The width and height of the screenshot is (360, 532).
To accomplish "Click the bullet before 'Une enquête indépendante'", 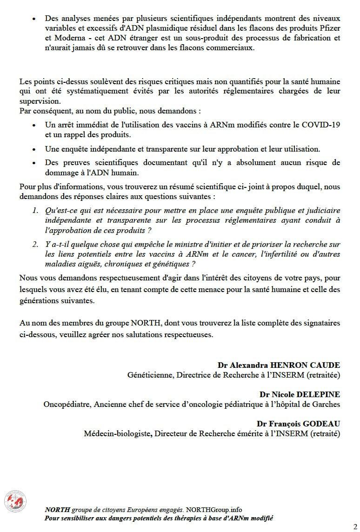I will coord(34,149).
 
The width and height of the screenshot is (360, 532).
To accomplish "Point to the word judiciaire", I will coord(322,211).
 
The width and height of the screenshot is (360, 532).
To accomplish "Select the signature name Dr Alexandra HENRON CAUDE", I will coord(279,365).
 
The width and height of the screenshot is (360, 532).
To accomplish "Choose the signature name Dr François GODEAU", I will coord(298,424).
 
